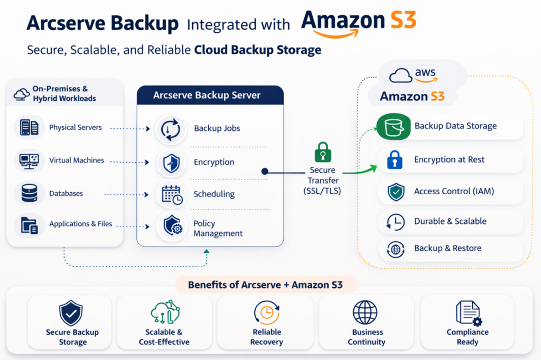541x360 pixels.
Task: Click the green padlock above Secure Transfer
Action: coord(323,152)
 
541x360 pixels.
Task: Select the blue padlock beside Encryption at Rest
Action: coord(394,160)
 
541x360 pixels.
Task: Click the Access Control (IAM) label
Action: coord(454,192)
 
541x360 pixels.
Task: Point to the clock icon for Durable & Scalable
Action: coord(395,222)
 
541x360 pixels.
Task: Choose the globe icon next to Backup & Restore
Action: coord(395,249)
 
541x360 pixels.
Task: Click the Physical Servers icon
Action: coord(29,127)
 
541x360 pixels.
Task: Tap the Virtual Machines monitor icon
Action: coord(29,160)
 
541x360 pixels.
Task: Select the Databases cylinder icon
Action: coord(29,194)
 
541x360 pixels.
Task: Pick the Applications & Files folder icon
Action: coord(29,224)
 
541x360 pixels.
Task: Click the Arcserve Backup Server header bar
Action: coord(210,96)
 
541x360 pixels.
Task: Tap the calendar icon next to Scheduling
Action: coord(172,195)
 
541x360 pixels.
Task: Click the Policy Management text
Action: coord(218,229)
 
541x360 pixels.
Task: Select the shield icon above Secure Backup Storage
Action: coord(71,313)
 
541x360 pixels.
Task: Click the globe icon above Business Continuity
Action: coord(365,312)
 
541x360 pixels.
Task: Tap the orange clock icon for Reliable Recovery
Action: coord(266,312)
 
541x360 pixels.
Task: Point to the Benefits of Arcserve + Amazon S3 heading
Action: coord(265,286)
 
